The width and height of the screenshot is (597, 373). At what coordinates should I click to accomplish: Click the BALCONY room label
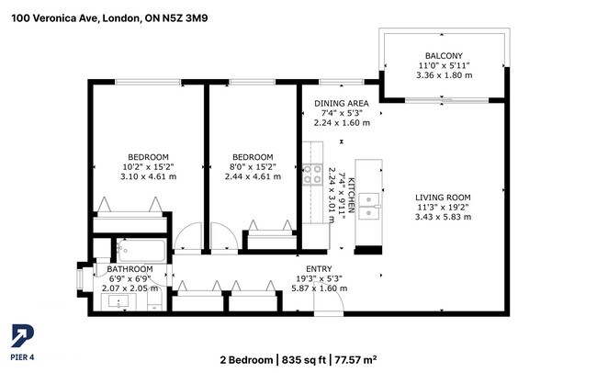click(443, 55)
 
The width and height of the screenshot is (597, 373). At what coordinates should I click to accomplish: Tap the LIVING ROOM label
click(443, 197)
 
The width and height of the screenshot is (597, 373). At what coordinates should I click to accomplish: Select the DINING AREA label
click(341, 103)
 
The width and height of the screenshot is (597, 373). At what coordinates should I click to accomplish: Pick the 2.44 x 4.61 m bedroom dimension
click(253, 176)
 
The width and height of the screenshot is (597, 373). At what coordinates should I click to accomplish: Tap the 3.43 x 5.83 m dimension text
click(443, 217)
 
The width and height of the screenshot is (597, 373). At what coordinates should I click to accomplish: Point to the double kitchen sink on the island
click(369, 206)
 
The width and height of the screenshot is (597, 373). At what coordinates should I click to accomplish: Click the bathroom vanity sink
click(120, 301)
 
